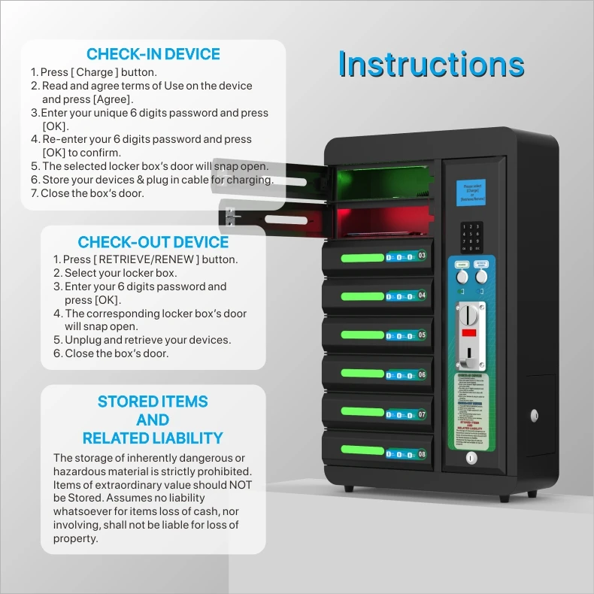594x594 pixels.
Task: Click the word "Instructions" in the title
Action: [431, 65]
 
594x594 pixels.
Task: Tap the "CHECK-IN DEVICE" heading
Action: [153, 54]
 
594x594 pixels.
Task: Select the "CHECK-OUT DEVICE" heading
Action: [153, 242]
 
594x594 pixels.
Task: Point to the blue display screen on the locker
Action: [473, 194]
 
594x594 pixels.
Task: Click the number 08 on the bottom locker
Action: [422, 454]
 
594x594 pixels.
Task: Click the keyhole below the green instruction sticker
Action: [471, 457]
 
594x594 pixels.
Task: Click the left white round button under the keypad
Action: [462, 276]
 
